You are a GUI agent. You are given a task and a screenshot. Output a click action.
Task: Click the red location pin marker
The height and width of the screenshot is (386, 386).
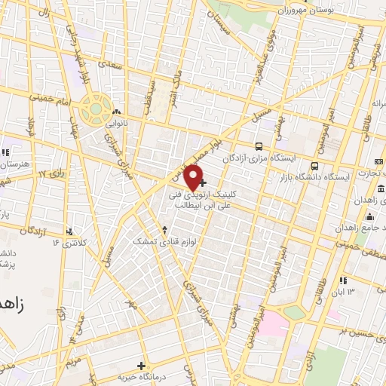pyautogui.click(x=195, y=177)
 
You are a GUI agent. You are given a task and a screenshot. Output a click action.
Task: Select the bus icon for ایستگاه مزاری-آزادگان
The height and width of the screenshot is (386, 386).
pyautogui.click(x=259, y=147)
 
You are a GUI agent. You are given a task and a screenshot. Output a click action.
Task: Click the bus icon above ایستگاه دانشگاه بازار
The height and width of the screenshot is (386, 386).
pyautogui.click(x=315, y=166)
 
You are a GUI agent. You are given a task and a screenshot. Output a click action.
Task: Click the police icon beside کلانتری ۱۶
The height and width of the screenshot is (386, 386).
pyautogui.click(x=71, y=231)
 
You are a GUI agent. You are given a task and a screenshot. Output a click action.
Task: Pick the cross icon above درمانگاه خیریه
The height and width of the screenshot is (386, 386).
pyautogui.click(x=141, y=365)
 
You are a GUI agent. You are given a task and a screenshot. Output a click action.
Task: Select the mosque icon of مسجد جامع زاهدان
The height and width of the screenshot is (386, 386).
pyautogui.click(x=381, y=188)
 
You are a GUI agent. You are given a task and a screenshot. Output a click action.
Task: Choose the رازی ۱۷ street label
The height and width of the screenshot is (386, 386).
pyautogui.click(x=52, y=174)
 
